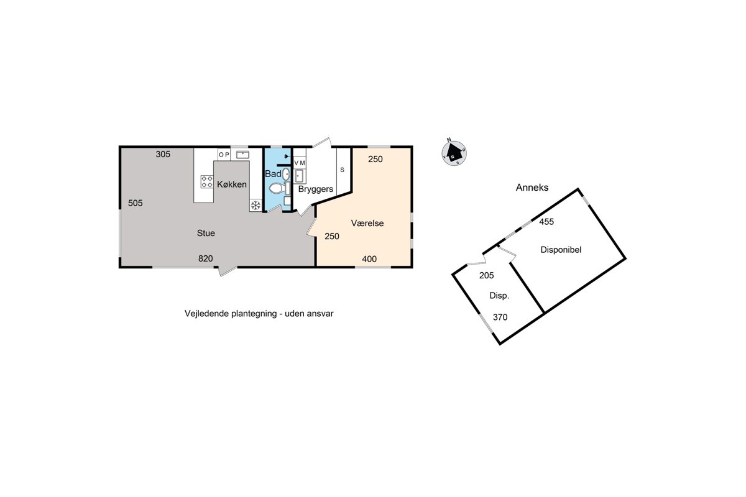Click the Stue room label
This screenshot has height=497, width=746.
(206, 233)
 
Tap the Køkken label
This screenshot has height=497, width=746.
(232, 184)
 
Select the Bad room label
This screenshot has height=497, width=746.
(273, 174)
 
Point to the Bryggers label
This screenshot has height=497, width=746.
(316, 189)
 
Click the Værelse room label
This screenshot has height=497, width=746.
(367, 223)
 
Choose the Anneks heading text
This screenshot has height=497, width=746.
(532, 188)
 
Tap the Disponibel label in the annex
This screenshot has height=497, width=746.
(561, 250)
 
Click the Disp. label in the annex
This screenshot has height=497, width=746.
(499, 296)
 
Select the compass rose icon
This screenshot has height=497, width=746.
(454, 152)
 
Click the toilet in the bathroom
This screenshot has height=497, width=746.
(276, 189)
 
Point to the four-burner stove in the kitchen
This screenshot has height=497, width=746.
(207, 182)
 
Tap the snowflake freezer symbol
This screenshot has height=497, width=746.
(256, 206)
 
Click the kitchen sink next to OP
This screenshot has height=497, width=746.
(242, 155)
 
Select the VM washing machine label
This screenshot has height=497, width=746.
(300, 163)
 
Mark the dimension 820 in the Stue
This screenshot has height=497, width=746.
(206, 258)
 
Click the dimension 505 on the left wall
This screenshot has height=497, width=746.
(136, 203)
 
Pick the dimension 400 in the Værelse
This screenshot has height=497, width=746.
(369, 259)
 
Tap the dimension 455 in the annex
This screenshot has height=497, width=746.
(546, 222)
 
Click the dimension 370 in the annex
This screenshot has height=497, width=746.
(500, 317)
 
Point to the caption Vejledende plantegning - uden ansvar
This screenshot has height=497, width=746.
(259, 314)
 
